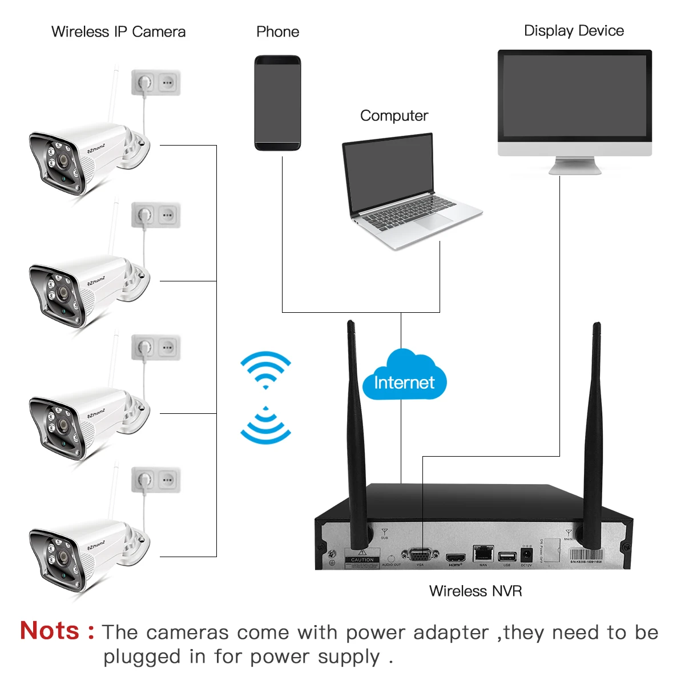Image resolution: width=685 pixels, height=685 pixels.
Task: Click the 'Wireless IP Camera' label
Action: [118, 32]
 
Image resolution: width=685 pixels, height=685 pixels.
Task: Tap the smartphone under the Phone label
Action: [277, 103]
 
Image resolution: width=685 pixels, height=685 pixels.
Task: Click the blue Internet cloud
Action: [404, 377]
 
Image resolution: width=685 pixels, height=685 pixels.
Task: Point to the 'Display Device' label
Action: [574, 31]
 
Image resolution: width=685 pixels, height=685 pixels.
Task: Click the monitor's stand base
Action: [575, 168]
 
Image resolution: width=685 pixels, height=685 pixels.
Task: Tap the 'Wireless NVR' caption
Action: [476, 591]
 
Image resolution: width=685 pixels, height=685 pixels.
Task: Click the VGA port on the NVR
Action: [420, 555]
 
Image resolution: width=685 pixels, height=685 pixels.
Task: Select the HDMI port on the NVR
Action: [456, 557]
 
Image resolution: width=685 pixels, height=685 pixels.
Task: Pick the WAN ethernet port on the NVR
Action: [483, 553]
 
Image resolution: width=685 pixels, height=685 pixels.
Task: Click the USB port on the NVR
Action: [506, 556]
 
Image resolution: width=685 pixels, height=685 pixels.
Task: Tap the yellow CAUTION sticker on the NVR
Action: [362, 557]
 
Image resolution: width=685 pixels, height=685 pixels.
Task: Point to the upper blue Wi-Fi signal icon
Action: [265, 368]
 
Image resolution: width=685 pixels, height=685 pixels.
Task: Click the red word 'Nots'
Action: [50, 631]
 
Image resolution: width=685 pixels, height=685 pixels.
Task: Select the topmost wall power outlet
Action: [156, 83]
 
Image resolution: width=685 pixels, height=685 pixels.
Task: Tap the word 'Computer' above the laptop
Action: [394, 116]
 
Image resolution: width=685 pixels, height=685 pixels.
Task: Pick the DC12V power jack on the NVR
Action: [526, 554]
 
